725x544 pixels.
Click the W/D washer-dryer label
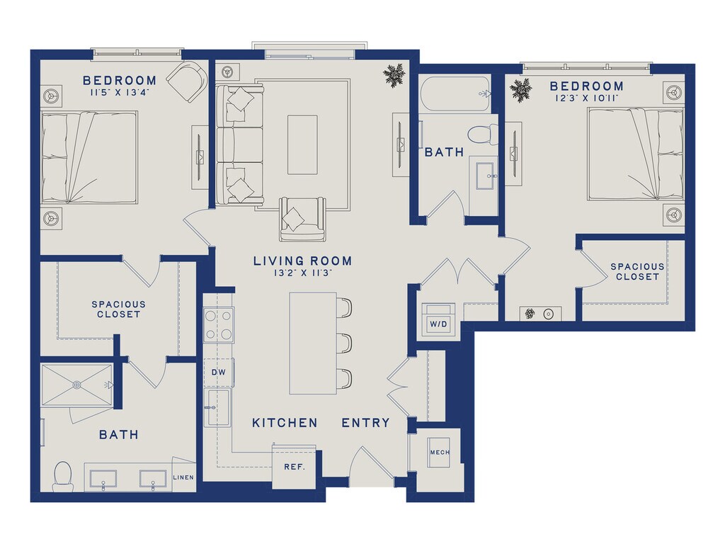pos(438,324)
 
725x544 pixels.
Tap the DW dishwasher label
pos(219,373)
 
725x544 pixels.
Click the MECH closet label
pos(439,453)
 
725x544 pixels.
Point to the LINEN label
pos(183,477)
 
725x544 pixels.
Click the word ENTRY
pos(366,423)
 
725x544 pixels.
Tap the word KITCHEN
pos(285,423)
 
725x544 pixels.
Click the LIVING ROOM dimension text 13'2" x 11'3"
pos(303,273)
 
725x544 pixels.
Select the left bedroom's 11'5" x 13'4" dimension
pos(119,93)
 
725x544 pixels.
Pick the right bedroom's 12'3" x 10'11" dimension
pos(587,98)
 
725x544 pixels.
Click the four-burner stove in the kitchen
pos(219,325)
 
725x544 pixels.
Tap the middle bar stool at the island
pos(345,342)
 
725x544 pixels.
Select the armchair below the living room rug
pos(302,219)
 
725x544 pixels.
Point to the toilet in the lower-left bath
pos(63,477)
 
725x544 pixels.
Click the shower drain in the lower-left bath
pos(76,385)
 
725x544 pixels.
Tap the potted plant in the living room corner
pos(394,74)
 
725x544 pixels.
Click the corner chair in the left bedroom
pos(187,81)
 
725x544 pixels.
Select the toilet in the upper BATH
pos(483,135)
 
